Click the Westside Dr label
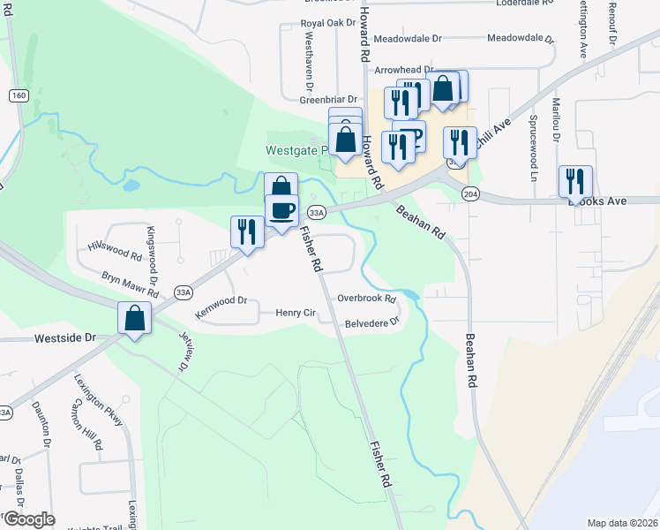(x=64, y=338)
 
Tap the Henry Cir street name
(x=296, y=313)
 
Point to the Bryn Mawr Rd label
(x=130, y=284)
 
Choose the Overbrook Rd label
(x=366, y=299)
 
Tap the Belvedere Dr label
(x=372, y=323)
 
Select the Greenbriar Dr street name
(x=326, y=100)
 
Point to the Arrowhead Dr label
(x=404, y=69)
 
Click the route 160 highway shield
(x=19, y=95)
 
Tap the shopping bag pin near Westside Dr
(x=135, y=318)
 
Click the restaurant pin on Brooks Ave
(x=575, y=181)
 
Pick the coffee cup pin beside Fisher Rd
(x=281, y=211)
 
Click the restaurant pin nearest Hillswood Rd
(x=246, y=232)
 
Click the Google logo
(x=28, y=519)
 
